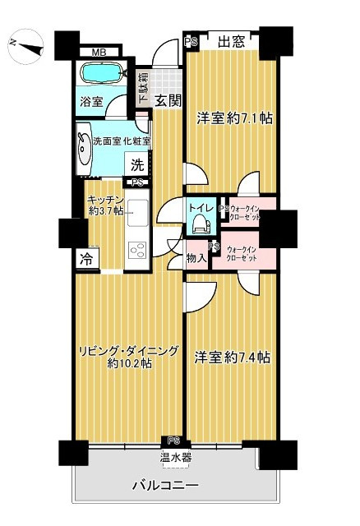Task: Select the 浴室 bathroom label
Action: click(x=91, y=102)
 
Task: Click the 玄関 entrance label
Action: click(x=168, y=101)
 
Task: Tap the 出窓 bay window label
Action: click(x=232, y=43)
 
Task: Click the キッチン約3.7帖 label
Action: click(x=107, y=205)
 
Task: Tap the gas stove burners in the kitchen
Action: click(x=136, y=248)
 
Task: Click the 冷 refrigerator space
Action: click(x=86, y=258)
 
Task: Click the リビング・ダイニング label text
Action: click(x=130, y=351)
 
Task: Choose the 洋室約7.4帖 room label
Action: click(x=233, y=358)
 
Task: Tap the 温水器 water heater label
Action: click(x=176, y=457)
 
